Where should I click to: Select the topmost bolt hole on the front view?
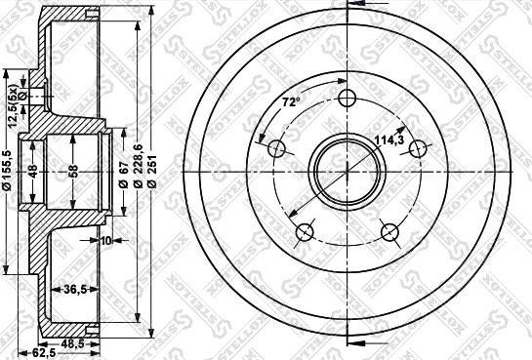(x=347, y=99)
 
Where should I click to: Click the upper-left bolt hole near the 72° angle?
(x=276, y=149)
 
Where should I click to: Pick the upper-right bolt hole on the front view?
(x=418, y=148)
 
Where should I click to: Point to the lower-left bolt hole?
(x=304, y=231)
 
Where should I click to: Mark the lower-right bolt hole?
(x=390, y=231)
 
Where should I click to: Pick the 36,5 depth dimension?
(x=76, y=288)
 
